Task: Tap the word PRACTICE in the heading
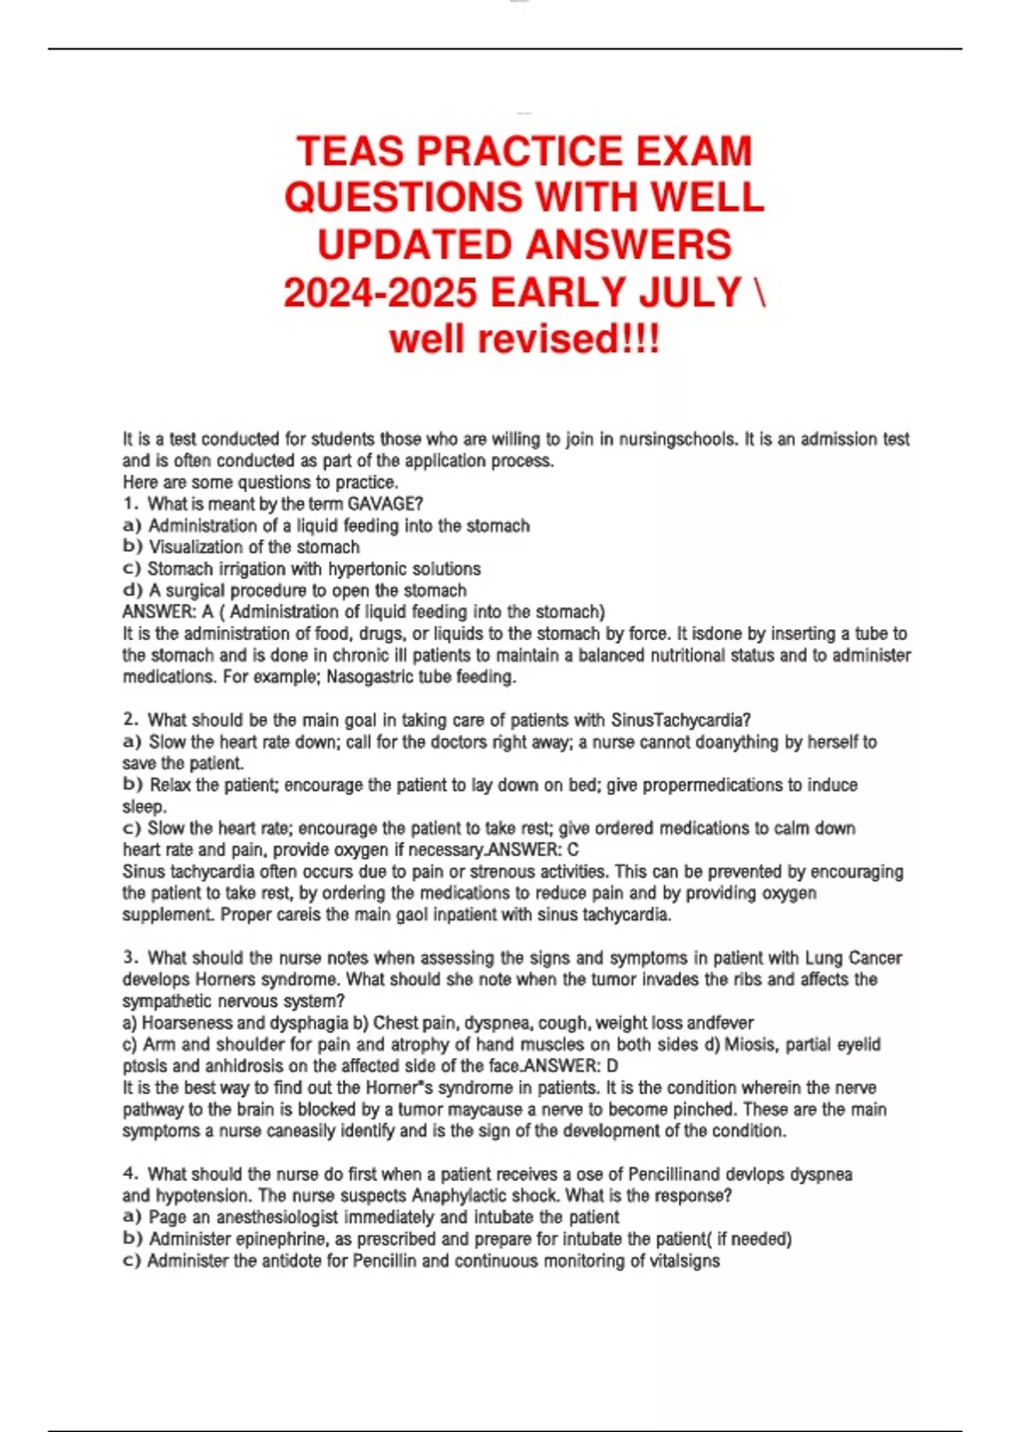pos(518,152)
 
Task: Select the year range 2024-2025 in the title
pos(381,293)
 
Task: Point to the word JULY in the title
pos(690,293)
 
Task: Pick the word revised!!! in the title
pos(570,339)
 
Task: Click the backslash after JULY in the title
pos(760,293)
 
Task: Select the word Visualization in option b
pos(199,548)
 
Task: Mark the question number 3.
pos(130,958)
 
